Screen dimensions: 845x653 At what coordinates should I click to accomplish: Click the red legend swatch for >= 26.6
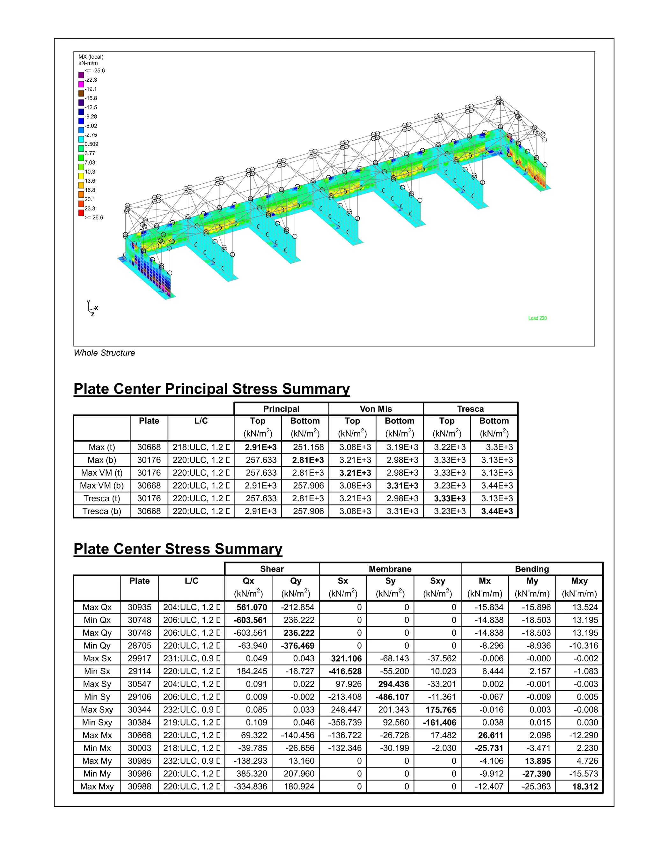(81, 213)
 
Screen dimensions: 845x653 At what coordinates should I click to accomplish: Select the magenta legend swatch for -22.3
(81, 84)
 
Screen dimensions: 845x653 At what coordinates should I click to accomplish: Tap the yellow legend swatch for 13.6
(81, 176)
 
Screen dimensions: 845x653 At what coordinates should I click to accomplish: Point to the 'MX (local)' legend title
(91, 57)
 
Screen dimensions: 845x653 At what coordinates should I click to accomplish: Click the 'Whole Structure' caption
(105, 353)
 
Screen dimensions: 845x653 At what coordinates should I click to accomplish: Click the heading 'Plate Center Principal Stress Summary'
(212, 389)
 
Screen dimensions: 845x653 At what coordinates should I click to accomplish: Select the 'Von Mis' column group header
(376, 409)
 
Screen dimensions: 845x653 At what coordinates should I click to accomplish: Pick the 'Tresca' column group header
(470, 409)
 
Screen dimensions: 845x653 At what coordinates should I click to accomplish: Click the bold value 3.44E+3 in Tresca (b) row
(497, 511)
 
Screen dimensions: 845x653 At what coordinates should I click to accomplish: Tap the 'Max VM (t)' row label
(102, 473)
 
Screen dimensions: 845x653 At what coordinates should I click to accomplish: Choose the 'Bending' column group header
(532, 569)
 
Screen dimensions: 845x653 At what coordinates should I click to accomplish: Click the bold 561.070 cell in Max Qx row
(252, 607)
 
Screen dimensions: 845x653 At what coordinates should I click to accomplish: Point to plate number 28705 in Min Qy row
(140, 645)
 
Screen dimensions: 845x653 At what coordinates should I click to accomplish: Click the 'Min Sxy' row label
(97, 722)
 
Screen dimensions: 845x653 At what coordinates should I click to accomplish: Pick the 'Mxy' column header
(579, 581)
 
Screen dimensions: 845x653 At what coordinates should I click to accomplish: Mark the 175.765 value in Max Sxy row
(441, 709)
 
